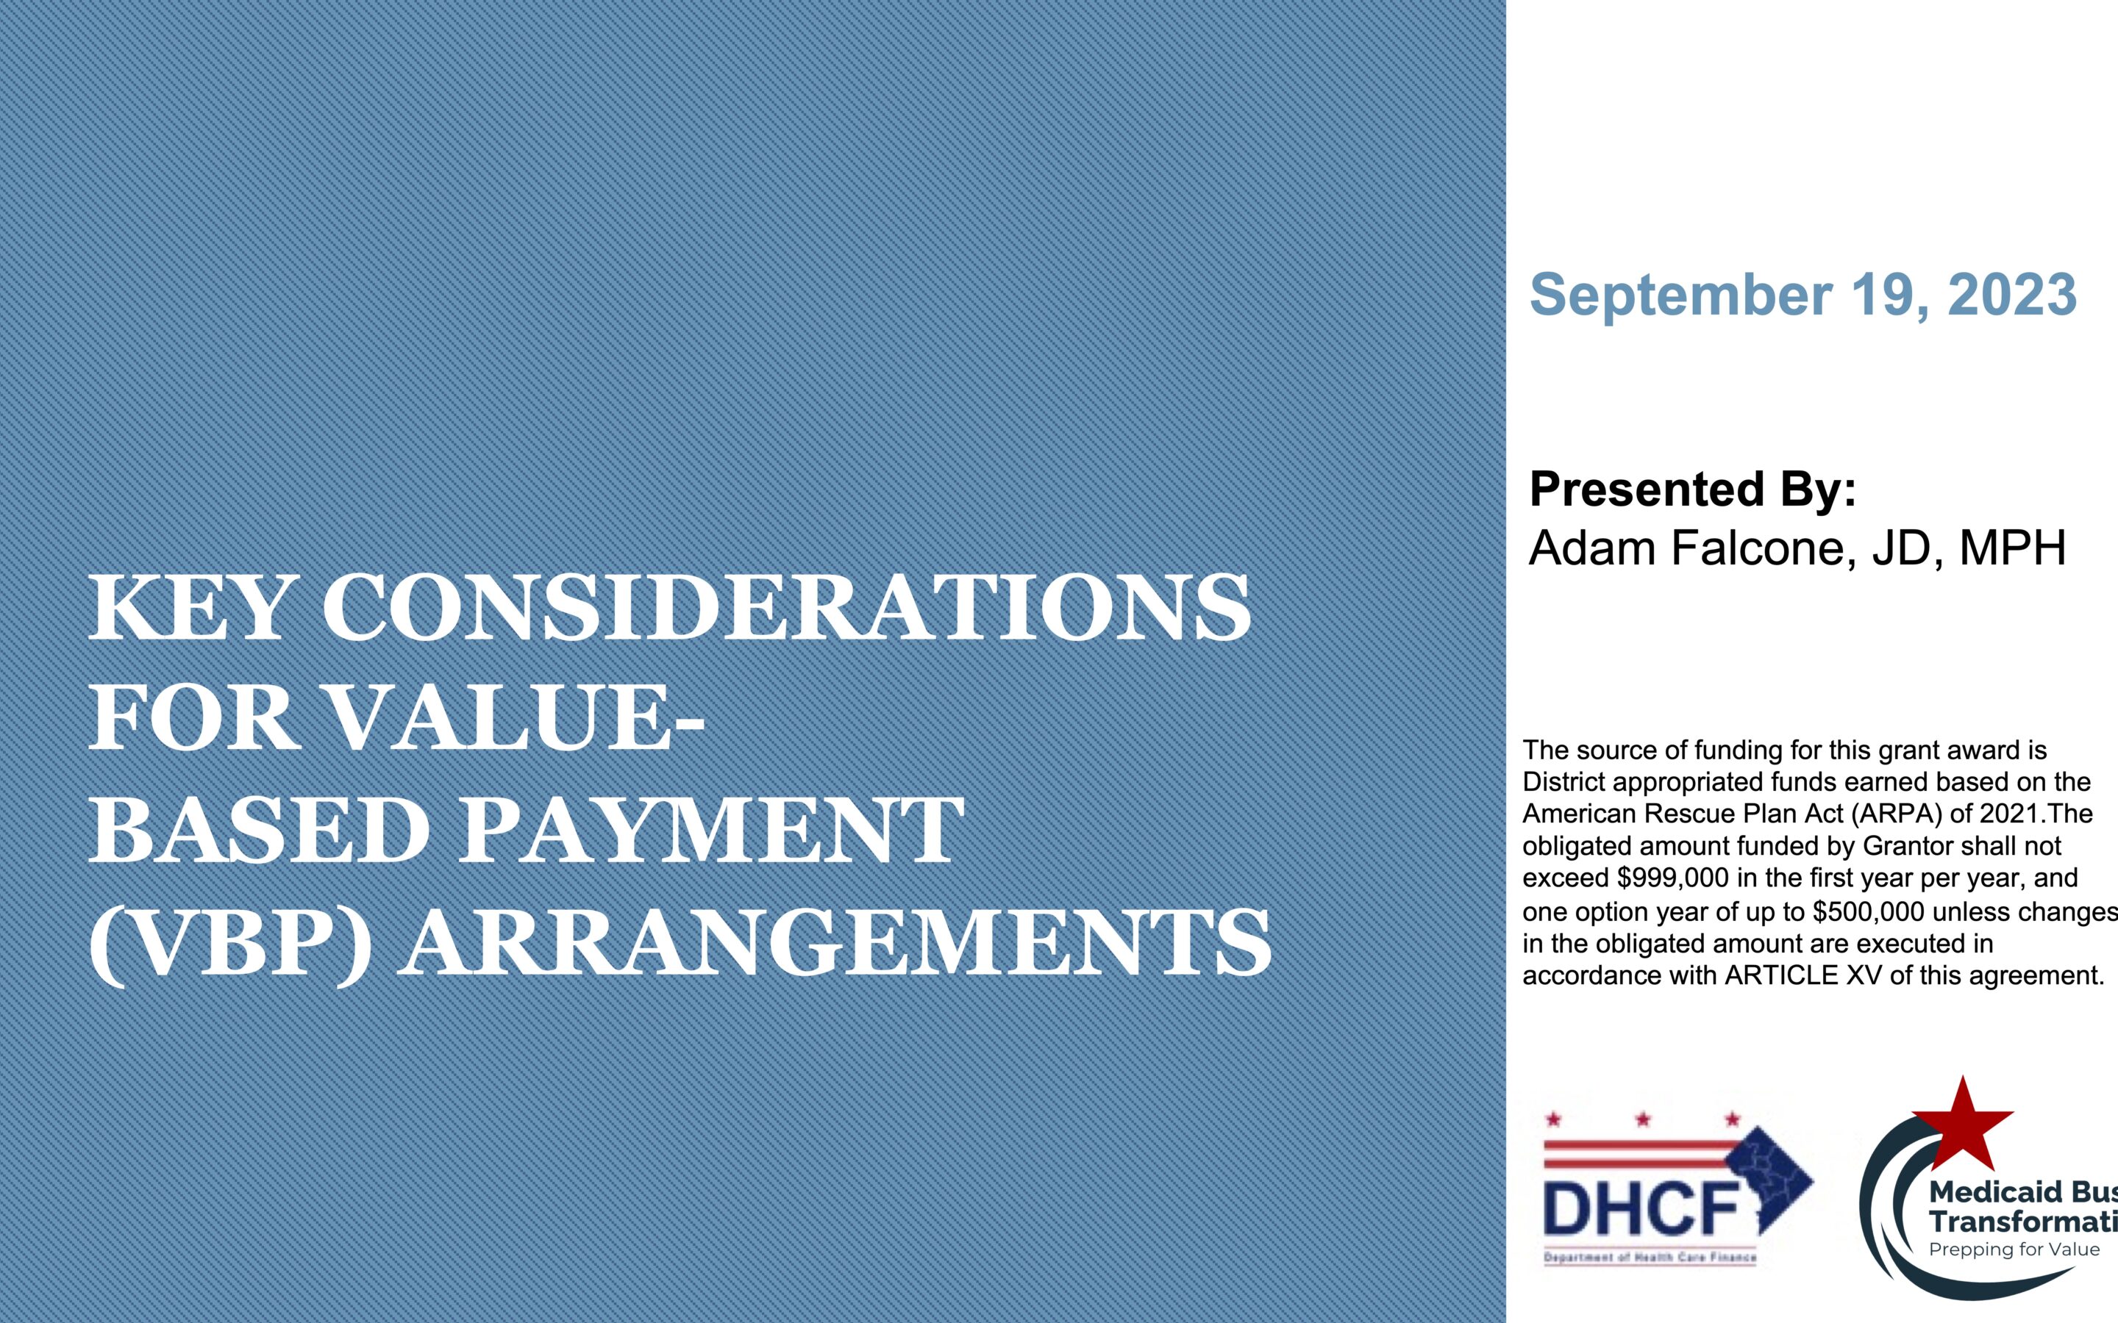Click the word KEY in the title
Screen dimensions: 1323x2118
188,607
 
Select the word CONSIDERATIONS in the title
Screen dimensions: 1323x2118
787,607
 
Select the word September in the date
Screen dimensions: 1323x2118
1680,295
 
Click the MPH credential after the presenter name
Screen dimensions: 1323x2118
2012,548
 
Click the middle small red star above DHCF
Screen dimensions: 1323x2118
1643,1119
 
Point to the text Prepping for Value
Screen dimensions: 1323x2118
2014,1249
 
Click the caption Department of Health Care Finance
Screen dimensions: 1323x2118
1650,1258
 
